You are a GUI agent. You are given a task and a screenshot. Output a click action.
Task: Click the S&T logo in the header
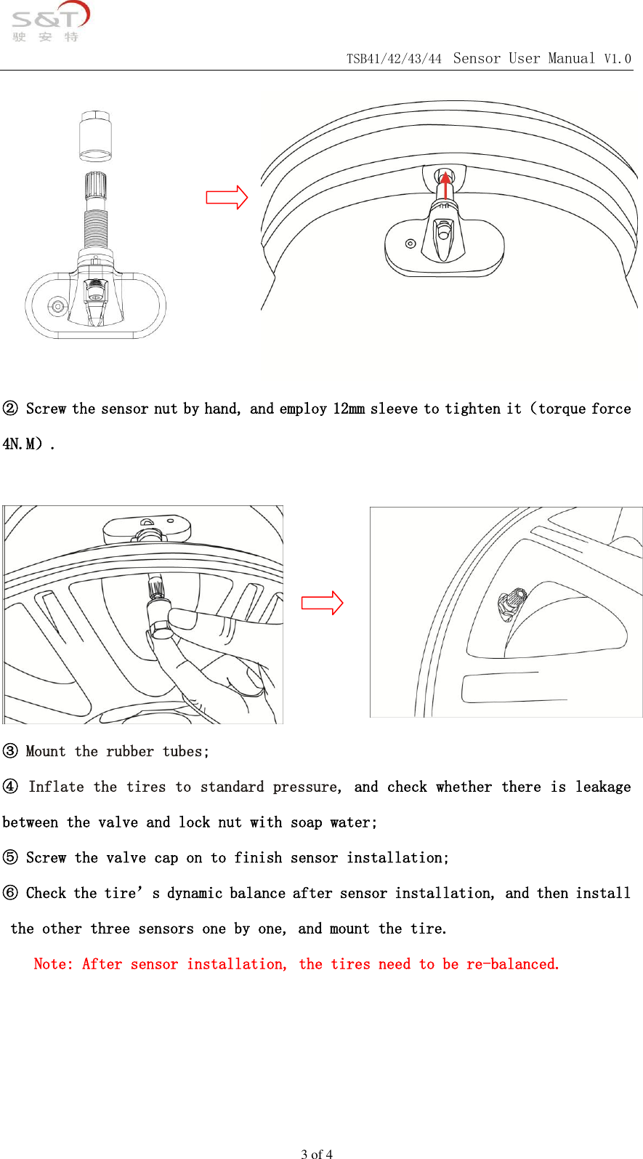tap(49, 23)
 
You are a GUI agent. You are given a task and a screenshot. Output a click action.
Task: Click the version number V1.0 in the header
tap(618, 59)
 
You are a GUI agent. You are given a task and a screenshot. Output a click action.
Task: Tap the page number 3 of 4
tap(317, 1153)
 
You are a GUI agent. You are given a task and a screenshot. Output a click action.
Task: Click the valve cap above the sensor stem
tap(95, 136)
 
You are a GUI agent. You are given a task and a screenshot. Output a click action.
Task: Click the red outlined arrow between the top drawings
tap(227, 197)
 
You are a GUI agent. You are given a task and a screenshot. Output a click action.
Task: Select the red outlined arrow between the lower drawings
tap(322, 603)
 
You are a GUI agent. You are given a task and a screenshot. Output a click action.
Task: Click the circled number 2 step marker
tap(10, 409)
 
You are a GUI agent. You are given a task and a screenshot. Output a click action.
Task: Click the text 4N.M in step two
tap(22, 444)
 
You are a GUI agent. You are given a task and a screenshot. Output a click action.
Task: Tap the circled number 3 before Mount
tap(10, 751)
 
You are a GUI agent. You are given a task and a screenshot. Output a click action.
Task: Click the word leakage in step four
tap(602, 787)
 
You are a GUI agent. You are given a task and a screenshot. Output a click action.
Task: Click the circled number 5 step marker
tap(10, 857)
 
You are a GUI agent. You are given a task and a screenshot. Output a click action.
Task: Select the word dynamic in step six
tap(194, 893)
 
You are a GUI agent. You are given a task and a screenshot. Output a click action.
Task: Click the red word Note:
tap(53, 964)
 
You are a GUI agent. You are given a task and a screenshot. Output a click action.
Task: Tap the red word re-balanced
tap(512, 964)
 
